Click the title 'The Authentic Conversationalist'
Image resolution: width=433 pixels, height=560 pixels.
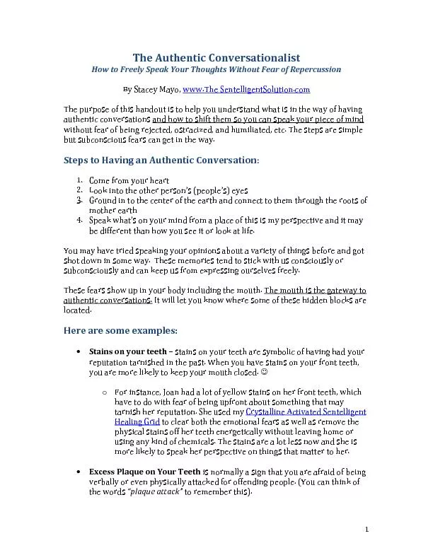[x=216, y=57]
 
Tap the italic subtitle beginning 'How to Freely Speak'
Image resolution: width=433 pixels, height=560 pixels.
[x=216, y=70]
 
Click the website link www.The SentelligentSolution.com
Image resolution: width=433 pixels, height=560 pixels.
[x=246, y=91]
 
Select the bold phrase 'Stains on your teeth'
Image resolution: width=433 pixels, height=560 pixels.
[x=127, y=351]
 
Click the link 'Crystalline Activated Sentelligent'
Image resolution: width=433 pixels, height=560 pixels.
[x=306, y=412]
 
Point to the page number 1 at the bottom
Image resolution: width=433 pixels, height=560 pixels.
[x=369, y=530]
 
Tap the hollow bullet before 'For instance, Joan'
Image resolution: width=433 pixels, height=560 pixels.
[x=104, y=392]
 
